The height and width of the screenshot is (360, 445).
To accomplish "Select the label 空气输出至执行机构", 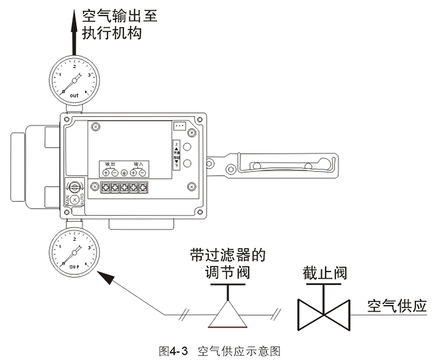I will (x=119, y=25).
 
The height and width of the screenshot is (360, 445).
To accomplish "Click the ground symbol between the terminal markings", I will (x=124, y=173).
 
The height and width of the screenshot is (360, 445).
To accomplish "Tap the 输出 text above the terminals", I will (x=110, y=164).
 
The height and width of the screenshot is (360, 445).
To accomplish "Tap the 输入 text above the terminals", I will (x=138, y=164).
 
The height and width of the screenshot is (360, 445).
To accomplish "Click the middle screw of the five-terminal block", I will (x=124, y=187).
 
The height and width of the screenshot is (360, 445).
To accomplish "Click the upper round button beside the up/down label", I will (x=188, y=148).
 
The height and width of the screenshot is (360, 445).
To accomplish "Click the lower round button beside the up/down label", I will (x=188, y=163).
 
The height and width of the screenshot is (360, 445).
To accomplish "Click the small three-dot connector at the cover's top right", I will (x=180, y=126).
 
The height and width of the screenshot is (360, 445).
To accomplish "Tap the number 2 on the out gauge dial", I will (x=75, y=66).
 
